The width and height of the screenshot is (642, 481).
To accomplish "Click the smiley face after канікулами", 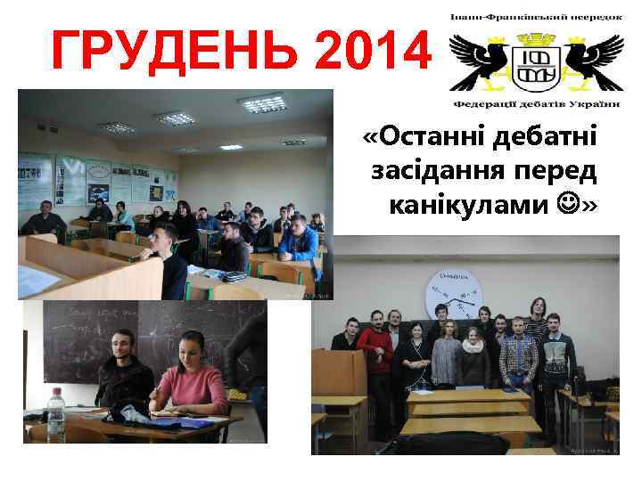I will [x=565, y=205].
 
